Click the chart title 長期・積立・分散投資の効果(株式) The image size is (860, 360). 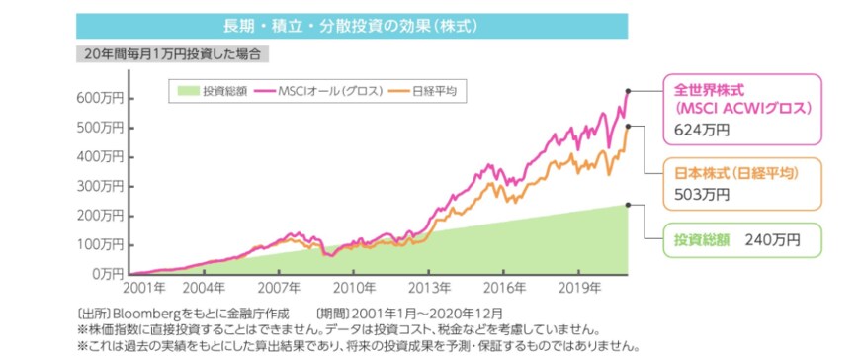[x=352, y=25]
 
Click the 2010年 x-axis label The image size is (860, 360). [x=353, y=289]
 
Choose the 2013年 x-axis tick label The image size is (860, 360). [x=430, y=289]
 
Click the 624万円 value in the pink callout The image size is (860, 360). [x=702, y=129]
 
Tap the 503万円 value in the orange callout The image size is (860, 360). [x=702, y=194]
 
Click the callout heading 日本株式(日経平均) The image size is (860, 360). [x=733, y=172]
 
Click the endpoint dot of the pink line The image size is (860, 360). [x=630, y=91]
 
